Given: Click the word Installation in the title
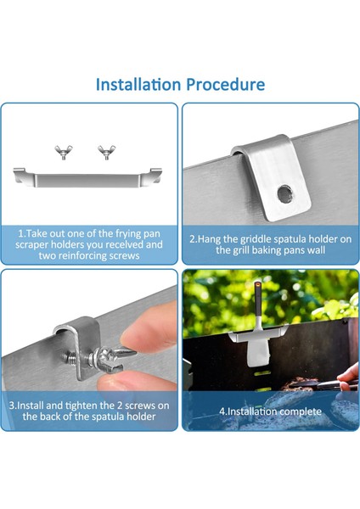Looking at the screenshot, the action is point(138,84).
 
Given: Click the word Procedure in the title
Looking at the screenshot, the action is point(226,84).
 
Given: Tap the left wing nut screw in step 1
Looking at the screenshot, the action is point(64,152).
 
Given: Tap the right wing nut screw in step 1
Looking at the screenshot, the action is point(107,152).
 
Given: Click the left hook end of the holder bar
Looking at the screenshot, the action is point(20,174).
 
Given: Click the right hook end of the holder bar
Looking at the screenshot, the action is point(155,174).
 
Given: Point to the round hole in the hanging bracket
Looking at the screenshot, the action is point(284,193).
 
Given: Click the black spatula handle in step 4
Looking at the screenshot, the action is point(257,299).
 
